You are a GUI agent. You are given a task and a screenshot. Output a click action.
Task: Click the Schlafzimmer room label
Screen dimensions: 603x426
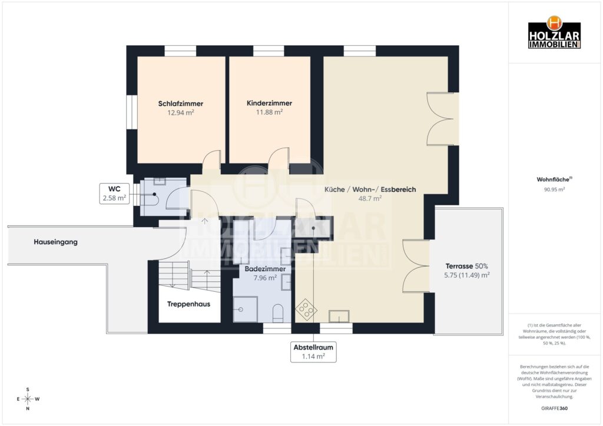point(180,104)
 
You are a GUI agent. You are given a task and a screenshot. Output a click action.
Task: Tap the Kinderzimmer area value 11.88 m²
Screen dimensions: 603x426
point(269,112)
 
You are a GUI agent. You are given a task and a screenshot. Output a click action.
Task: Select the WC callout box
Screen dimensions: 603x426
point(114,194)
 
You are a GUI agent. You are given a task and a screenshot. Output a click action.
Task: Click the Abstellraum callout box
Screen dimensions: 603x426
point(313,352)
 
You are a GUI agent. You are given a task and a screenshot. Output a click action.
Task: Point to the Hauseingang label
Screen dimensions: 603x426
point(56,242)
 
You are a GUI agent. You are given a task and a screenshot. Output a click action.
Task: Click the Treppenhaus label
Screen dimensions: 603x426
point(188,304)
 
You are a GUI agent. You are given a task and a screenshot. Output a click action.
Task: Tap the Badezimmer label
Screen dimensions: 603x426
point(265,269)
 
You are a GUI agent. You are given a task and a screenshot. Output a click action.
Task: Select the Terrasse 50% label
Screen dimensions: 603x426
point(466,266)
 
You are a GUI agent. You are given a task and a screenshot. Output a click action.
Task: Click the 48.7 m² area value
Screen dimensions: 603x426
point(370,199)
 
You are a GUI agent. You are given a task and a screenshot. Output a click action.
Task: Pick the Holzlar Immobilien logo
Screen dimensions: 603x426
point(554,32)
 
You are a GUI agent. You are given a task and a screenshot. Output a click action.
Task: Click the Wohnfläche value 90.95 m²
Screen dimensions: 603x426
point(554,189)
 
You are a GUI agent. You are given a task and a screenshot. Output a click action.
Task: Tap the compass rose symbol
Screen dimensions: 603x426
point(28,399)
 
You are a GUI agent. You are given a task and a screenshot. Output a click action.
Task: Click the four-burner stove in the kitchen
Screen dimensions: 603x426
point(306,309)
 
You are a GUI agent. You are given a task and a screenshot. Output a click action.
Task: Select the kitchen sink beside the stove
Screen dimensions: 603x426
point(339,316)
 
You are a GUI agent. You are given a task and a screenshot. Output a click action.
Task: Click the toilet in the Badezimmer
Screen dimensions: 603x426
point(278,313)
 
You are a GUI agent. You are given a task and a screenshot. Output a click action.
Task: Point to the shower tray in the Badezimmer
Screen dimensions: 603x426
point(246,309)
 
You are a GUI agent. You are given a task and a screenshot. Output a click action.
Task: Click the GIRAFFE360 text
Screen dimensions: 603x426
point(554,408)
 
